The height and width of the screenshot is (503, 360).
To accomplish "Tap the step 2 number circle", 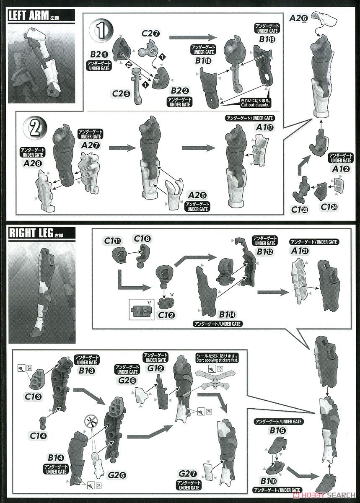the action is (x=36, y=128).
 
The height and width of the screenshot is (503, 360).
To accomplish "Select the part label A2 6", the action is (x=298, y=18).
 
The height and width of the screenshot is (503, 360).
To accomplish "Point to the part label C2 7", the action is (x=151, y=34).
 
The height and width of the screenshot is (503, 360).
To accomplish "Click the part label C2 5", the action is (x=121, y=93).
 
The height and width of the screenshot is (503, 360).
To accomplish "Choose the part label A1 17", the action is (x=265, y=128).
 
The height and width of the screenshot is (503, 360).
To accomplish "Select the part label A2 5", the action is (x=197, y=195).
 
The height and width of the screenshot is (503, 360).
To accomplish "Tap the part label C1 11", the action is (x=113, y=241).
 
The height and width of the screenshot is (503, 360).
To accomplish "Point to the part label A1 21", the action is (x=300, y=251).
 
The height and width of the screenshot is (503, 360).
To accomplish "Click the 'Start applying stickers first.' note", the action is (x=217, y=358).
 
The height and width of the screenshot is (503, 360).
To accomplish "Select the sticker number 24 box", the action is (x=29, y=368).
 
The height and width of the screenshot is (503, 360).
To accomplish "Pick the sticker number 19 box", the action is (x=220, y=369).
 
